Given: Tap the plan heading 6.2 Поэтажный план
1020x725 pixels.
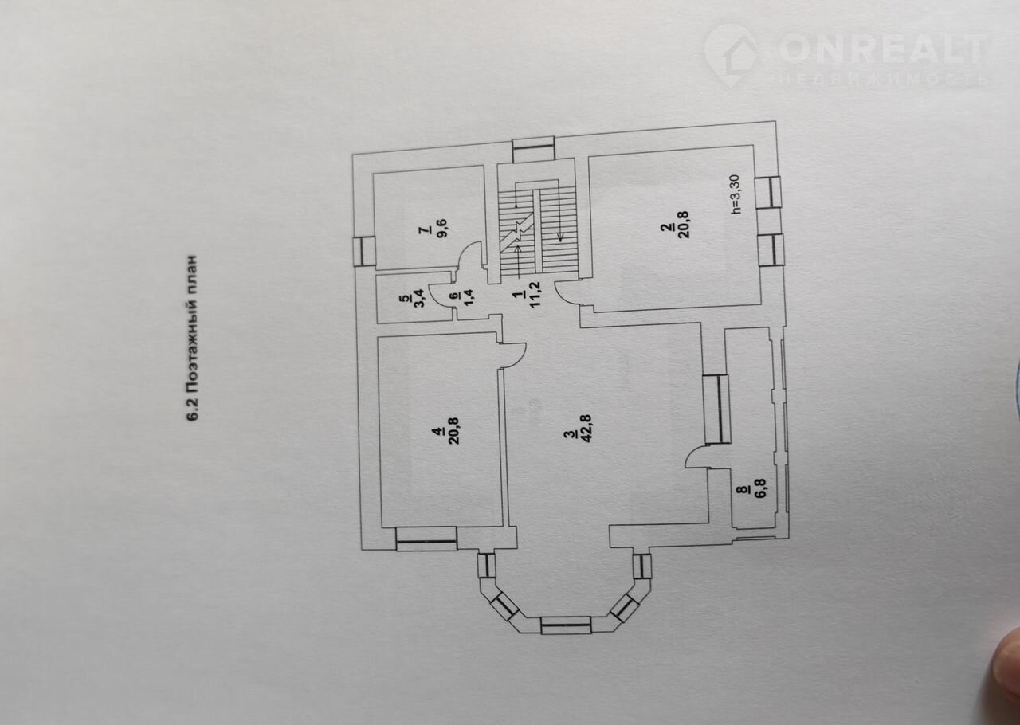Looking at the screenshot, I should click(x=192, y=347).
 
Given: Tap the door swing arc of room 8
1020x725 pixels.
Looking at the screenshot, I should click(x=696, y=457).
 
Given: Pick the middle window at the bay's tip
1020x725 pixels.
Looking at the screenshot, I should click(x=567, y=625).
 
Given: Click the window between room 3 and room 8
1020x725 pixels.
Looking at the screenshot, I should click(x=715, y=408).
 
